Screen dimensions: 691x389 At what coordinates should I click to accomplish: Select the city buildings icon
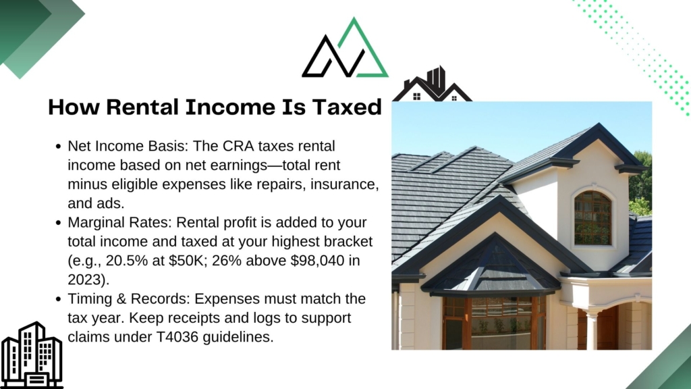tap(32, 355)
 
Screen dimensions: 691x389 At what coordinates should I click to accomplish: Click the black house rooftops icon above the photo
tap(433, 84)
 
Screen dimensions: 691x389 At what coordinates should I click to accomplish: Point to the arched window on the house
tap(593, 218)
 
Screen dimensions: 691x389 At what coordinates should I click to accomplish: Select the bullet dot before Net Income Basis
tap(59, 147)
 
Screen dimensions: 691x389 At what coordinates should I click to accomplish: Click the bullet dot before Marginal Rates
tap(59, 223)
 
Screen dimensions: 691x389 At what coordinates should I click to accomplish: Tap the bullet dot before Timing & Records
tap(59, 299)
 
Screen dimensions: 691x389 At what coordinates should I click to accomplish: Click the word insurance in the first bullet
tap(345, 184)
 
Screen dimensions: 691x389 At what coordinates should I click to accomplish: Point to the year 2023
tap(85, 280)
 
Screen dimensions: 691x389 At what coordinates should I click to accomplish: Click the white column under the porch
tap(591, 330)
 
